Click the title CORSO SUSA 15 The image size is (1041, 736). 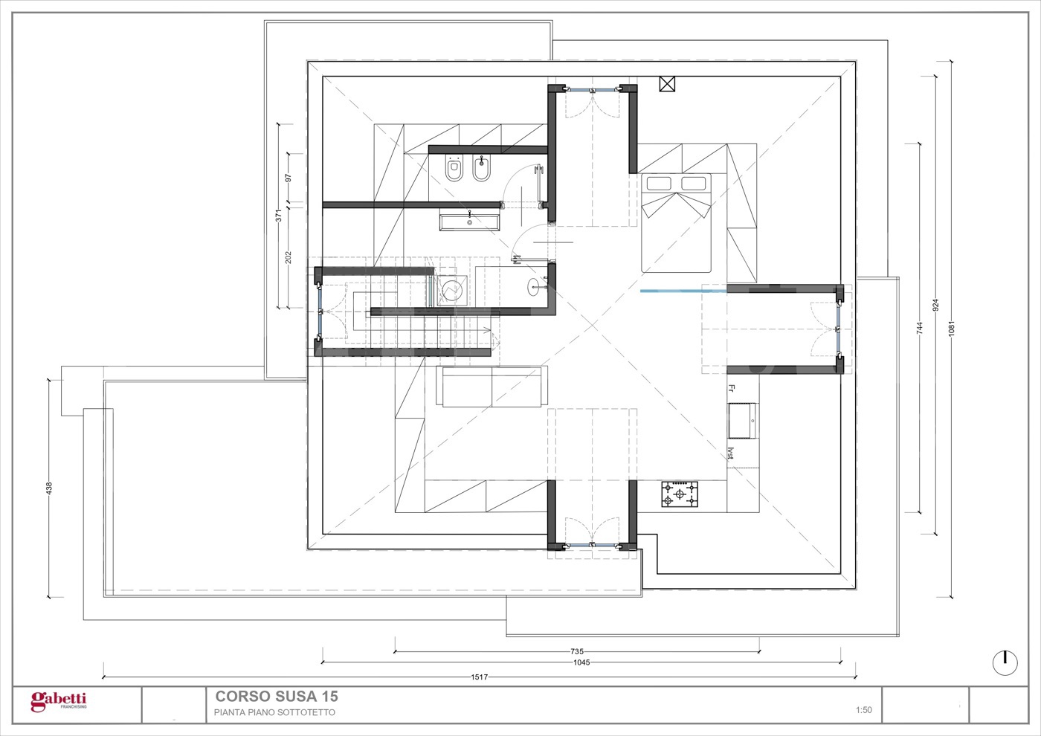pyautogui.click(x=277, y=697)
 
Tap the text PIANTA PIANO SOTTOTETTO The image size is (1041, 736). pyautogui.click(x=274, y=712)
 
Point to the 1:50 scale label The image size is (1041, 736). pyautogui.click(x=864, y=710)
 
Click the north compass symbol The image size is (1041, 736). pyautogui.click(x=1005, y=662)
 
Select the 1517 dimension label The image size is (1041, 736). pyautogui.click(x=480, y=677)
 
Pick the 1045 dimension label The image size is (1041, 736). pyautogui.click(x=581, y=662)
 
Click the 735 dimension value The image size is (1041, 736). pyautogui.click(x=577, y=651)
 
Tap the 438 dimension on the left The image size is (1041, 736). pyautogui.click(x=49, y=488)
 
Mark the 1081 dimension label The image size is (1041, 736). pyautogui.click(x=951, y=329)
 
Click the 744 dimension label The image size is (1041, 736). pyautogui.click(x=920, y=329)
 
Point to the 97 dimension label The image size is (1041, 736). pyautogui.click(x=289, y=178)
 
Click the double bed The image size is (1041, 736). pyautogui.click(x=676, y=222)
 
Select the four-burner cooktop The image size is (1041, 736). pyautogui.click(x=680, y=494)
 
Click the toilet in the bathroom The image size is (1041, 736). pyautogui.click(x=453, y=168)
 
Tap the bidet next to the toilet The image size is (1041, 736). pyautogui.click(x=481, y=168)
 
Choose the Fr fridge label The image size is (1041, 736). pyautogui.click(x=731, y=388)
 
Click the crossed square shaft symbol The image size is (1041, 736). pyautogui.click(x=667, y=84)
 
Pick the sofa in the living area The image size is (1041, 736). pyautogui.click(x=492, y=386)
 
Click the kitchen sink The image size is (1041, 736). pyautogui.click(x=743, y=421)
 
